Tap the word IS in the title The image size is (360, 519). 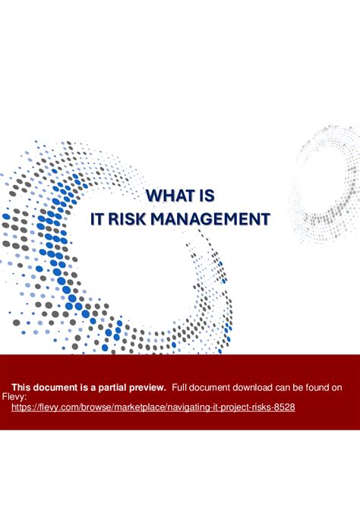[205, 196]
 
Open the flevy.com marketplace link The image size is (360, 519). [153, 407]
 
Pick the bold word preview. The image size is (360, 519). [147, 387]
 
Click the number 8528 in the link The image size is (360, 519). [283, 407]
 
